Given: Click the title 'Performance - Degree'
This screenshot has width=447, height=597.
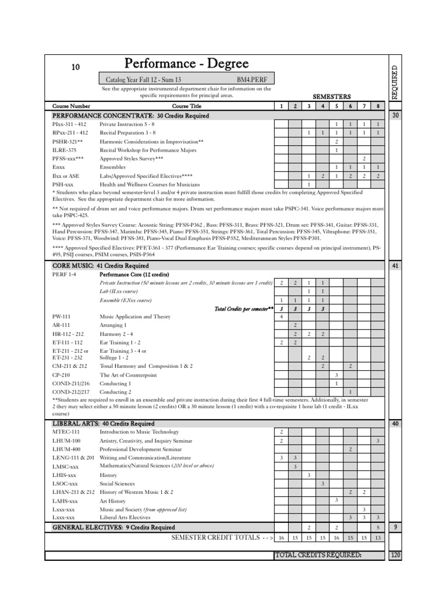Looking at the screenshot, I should [186, 64].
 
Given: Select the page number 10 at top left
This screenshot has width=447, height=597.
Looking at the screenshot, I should [75, 67].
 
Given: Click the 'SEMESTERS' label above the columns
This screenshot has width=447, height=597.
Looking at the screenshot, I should [332, 96].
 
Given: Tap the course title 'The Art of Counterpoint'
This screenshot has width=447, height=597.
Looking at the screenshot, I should [129, 375].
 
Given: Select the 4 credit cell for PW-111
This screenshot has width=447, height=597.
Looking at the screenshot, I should [281, 316].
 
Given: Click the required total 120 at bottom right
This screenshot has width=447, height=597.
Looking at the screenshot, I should [396, 554].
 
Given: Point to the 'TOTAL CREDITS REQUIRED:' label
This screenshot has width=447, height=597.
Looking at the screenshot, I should [318, 554].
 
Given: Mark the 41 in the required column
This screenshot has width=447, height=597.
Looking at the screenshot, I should [396, 266].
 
